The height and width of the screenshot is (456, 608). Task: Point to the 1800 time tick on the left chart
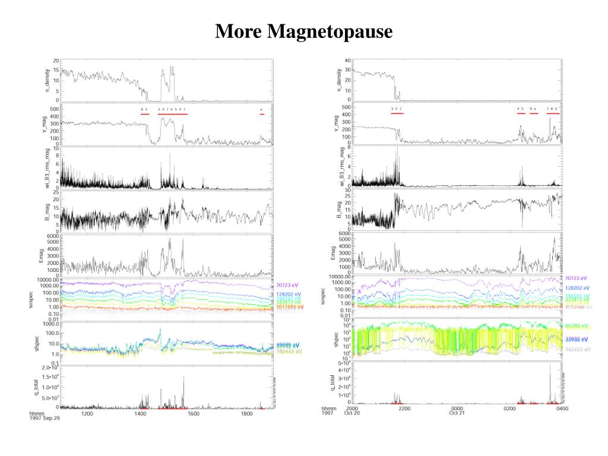(248, 414)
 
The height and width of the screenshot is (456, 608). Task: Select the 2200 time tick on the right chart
(404, 408)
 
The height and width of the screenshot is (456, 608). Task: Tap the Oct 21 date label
(457, 414)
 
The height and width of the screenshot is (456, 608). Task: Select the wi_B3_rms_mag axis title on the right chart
(340, 167)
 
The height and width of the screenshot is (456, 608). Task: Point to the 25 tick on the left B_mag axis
(56, 192)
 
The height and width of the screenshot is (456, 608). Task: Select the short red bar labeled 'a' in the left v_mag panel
(261, 114)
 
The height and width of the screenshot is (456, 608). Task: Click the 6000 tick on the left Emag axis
(52, 236)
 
